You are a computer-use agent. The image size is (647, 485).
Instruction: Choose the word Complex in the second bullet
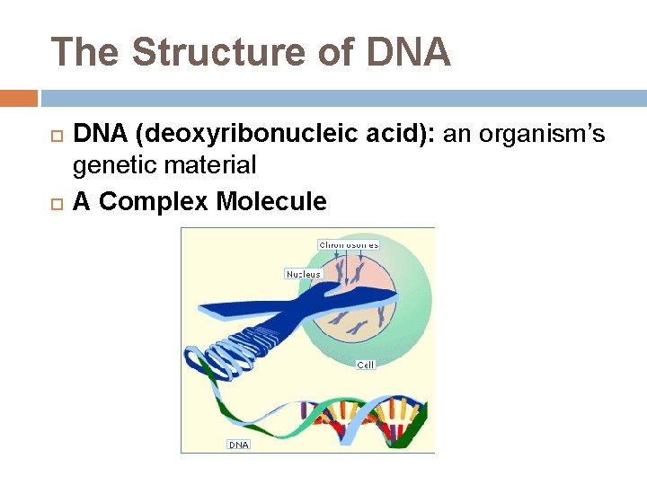click(153, 201)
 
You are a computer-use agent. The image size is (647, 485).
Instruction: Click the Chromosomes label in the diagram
click(349, 244)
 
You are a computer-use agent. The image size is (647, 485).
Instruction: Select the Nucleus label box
click(303, 274)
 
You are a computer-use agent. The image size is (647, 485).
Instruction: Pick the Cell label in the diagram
click(366, 365)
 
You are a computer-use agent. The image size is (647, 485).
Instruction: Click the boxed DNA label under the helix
click(238, 445)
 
